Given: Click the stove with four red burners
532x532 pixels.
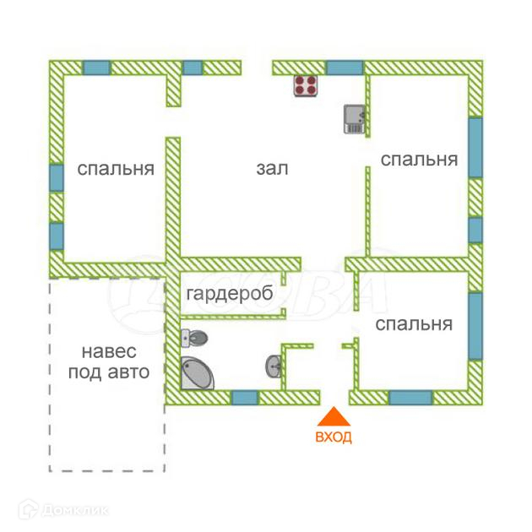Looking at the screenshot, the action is (306, 85).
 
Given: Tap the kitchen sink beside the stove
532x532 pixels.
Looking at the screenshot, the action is (354, 118).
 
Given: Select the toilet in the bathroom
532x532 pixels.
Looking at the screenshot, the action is (195, 338).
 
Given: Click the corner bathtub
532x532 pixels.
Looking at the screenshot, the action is (196, 373).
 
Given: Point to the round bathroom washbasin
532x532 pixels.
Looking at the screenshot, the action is (274, 366).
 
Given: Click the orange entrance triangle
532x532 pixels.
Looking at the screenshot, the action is (334, 417).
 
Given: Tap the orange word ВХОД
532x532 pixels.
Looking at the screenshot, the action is (334, 437).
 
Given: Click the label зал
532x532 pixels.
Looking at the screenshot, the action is (272, 168).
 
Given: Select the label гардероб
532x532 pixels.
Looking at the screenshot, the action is (229, 295).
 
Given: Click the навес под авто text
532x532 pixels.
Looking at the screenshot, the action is (108, 361).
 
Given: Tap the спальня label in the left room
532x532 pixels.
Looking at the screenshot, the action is (116, 168).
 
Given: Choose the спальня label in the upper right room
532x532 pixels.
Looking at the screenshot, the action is (419, 159).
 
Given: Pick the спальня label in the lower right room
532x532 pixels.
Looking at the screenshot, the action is (414, 323).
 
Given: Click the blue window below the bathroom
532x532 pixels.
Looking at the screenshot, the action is (245, 398).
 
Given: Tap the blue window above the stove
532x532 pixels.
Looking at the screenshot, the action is (345, 68).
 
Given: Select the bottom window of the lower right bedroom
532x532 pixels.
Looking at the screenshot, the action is (410, 398).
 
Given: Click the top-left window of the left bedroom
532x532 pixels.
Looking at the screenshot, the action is (96, 68).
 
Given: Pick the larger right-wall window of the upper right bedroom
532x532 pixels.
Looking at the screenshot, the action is (475, 147).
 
